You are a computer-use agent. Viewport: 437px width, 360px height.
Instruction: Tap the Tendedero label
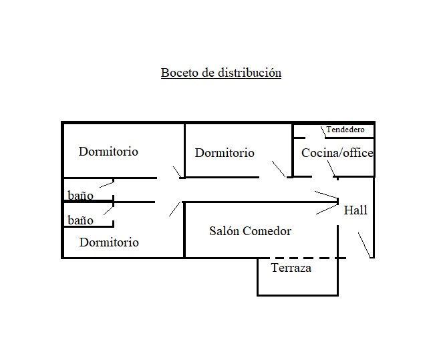coord(345,130)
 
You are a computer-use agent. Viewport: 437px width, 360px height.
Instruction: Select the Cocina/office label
coord(337,153)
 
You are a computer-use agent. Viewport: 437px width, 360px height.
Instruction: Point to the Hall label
coord(355,210)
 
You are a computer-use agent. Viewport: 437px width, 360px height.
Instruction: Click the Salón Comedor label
coord(250,231)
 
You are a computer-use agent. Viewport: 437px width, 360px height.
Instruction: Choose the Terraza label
coord(291,268)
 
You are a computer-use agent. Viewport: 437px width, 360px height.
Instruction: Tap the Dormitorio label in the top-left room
coord(108,152)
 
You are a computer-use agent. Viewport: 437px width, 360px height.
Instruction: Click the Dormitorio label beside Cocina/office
coord(225,153)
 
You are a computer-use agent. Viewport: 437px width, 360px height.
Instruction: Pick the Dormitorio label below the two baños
coord(109,242)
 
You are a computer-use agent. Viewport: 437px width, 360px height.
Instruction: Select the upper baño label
coord(80,196)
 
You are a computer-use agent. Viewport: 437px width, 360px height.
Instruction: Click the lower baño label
coord(80,220)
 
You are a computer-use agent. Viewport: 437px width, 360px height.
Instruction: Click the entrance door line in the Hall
coord(363,244)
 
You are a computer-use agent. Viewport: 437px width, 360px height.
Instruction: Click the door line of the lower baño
coord(105,210)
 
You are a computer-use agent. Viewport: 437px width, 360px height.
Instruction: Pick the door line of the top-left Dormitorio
coord(176,172)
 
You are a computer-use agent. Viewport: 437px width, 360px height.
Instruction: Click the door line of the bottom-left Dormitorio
coord(175,208)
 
